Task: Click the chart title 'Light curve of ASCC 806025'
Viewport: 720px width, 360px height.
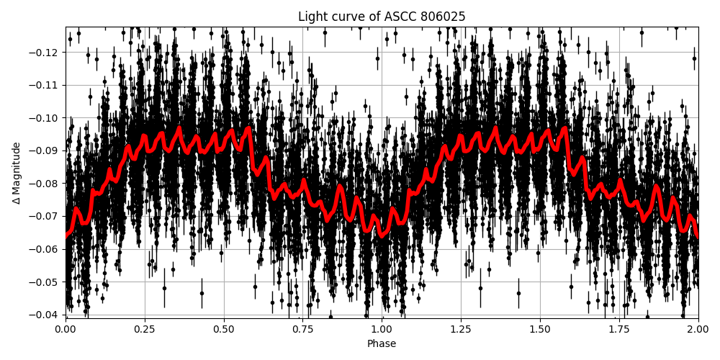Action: pyautogui.click(x=382, y=17)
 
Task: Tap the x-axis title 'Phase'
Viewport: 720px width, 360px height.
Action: pyautogui.click(x=382, y=344)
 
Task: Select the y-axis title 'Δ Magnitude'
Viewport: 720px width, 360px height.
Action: pyautogui.click(x=16, y=173)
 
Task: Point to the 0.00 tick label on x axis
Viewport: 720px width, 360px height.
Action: pyautogui.click(x=66, y=329)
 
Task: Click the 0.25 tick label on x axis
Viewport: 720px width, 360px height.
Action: pyautogui.click(x=145, y=329)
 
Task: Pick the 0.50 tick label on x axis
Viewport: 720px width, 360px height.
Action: pyautogui.click(x=224, y=329)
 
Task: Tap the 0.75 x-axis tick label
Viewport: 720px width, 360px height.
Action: pyautogui.click(x=302, y=329)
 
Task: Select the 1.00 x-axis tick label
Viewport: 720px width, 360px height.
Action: pyautogui.click(x=382, y=329)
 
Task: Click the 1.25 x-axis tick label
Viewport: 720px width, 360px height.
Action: pyautogui.click(x=461, y=329)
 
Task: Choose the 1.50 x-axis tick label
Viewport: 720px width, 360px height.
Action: pyautogui.click(x=540, y=329)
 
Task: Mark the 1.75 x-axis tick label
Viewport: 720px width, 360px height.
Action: pyautogui.click(x=619, y=329)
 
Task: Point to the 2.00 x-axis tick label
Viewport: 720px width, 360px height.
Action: pyautogui.click(x=698, y=329)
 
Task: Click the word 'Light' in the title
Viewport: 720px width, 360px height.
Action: pyautogui.click(x=312, y=17)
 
